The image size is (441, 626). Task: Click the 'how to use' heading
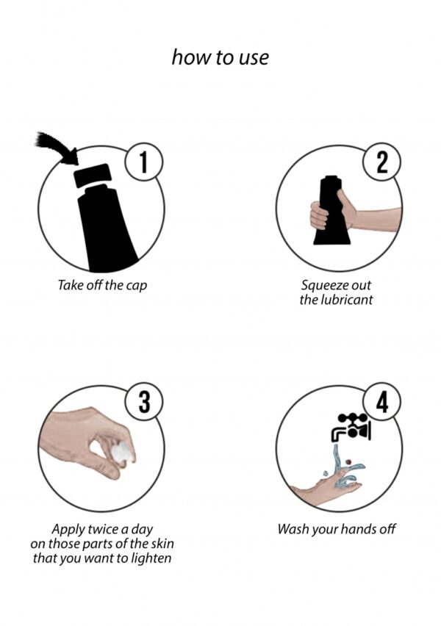tap(220, 57)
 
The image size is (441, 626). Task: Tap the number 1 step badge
tap(144, 162)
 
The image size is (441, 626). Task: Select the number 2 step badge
tap(382, 162)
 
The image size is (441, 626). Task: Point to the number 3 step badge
tap(144, 402)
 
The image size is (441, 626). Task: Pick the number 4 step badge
tap(382, 402)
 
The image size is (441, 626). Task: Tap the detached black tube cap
tap(93, 176)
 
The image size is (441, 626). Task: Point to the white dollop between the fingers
tap(122, 453)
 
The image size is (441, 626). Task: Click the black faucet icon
tap(351, 427)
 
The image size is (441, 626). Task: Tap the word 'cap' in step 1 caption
tap(137, 286)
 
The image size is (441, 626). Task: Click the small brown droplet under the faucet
tap(349, 461)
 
